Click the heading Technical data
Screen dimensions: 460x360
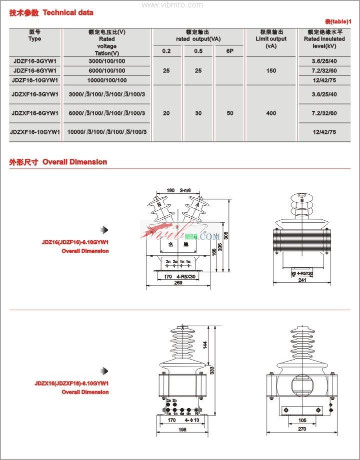68,12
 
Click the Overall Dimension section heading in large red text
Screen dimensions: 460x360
74,162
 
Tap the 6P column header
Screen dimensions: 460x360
230,51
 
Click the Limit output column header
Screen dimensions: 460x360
271,39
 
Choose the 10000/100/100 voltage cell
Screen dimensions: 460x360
107,80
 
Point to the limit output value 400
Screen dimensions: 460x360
271,113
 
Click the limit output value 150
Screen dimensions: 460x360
271,71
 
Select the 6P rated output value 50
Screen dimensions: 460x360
230,113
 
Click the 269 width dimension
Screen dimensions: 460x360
178,283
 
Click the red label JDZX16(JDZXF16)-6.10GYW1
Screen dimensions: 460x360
72,384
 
